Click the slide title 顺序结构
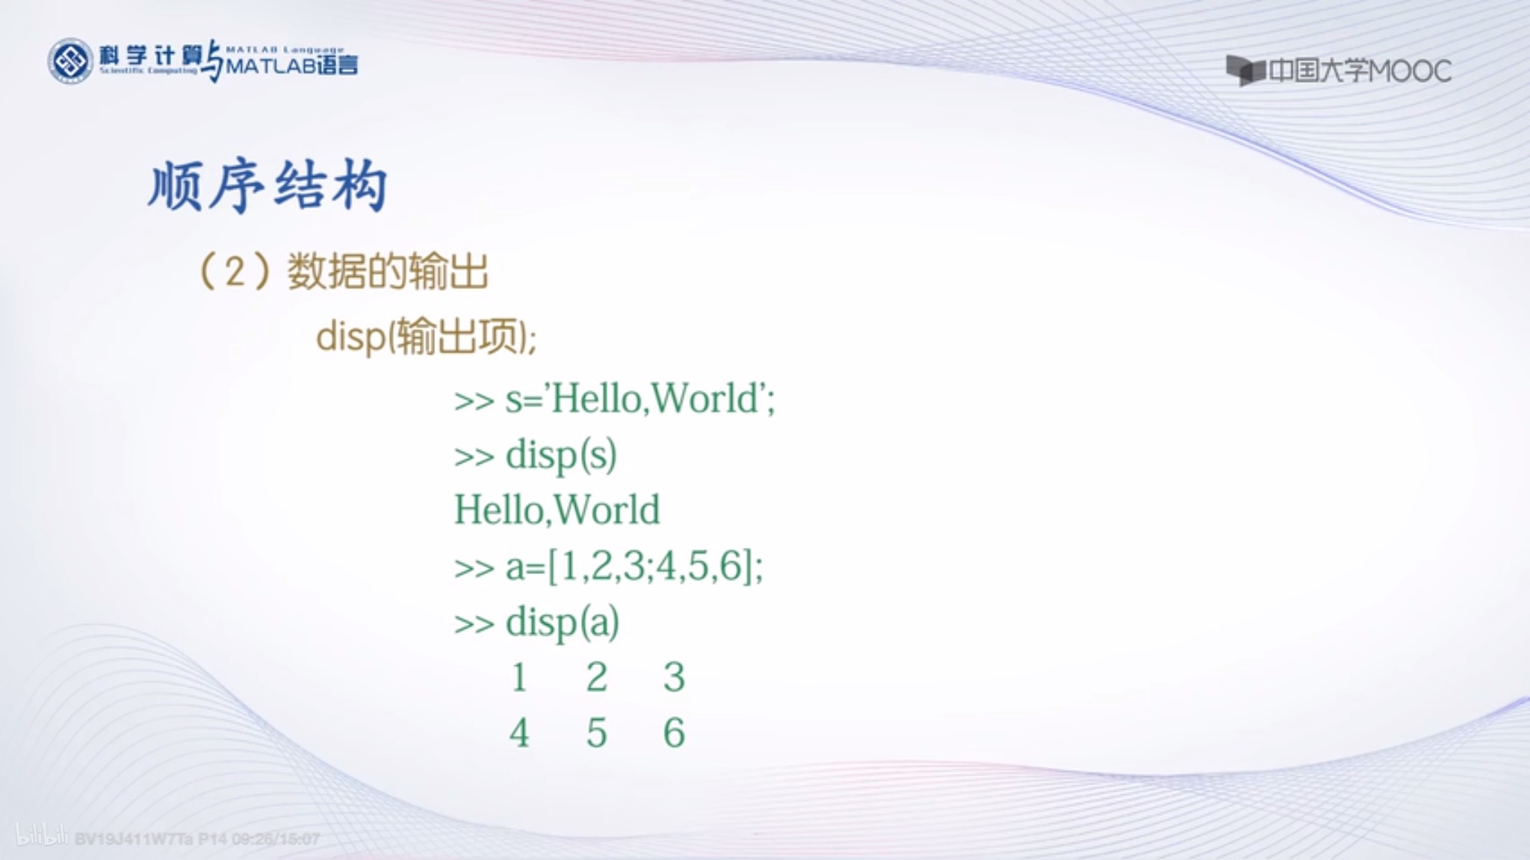pos(267,186)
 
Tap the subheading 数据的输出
pos(388,271)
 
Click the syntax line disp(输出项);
pos(426,337)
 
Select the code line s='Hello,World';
pos(640,399)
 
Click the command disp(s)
pos(561,455)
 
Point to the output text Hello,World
pos(557,510)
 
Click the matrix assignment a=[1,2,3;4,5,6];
pos(634,566)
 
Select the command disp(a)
pos(563,622)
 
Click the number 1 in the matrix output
pos(519,677)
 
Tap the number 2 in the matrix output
pos(596,677)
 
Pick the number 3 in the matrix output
pos(674,677)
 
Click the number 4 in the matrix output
pos(519,732)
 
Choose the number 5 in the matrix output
pos(596,732)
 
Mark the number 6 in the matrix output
pos(674,732)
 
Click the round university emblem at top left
pos(70,61)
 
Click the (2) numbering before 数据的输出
pos(235,271)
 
